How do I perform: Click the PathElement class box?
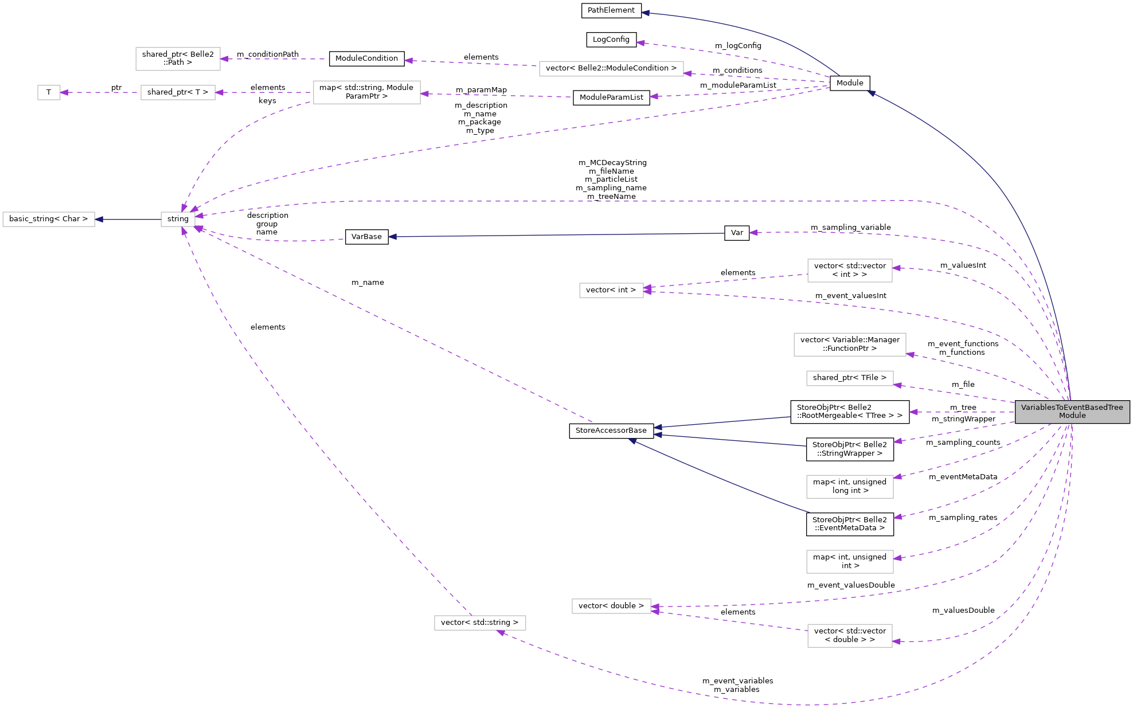(x=611, y=10)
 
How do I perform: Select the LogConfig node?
(x=611, y=40)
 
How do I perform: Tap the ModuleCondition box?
(x=366, y=58)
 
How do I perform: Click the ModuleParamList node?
(x=611, y=97)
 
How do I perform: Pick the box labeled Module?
(x=850, y=83)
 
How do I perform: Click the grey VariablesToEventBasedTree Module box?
(x=1072, y=412)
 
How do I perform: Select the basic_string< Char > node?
(x=49, y=219)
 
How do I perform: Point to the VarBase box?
(x=366, y=237)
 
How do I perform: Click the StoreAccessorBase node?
(x=611, y=431)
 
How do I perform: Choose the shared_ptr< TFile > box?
(x=850, y=378)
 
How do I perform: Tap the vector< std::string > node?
(x=479, y=623)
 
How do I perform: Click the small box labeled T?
(x=49, y=92)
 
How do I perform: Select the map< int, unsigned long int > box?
(x=850, y=486)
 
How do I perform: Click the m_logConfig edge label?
(x=738, y=45)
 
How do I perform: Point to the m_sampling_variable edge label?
(x=851, y=227)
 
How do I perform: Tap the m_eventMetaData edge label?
(x=963, y=476)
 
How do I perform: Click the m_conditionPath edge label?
(x=268, y=54)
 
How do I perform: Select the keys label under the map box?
(x=267, y=101)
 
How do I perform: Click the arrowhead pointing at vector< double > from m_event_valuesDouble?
(x=655, y=607)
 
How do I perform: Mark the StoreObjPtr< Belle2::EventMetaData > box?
(x=850, y=524)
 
